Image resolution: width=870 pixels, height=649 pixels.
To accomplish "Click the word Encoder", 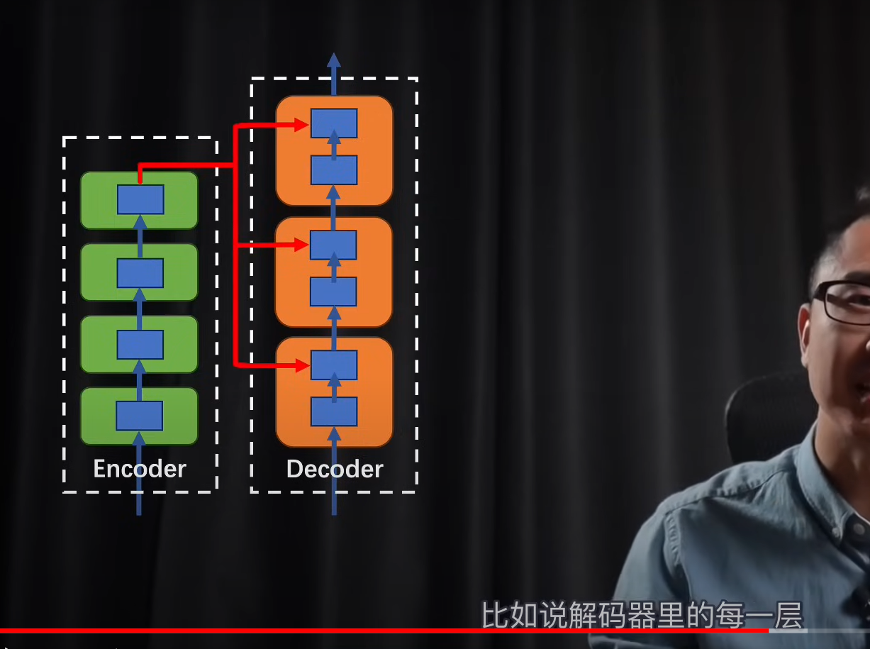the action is (x=140, y=469).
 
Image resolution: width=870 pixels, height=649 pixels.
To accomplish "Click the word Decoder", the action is (x=335, y=469).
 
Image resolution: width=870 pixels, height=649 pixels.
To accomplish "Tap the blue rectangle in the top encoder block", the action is (x=140, y=199).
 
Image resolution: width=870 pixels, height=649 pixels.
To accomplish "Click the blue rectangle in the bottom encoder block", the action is (x=139, y=416).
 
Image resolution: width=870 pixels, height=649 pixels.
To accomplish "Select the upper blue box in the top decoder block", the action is (x=334, y=123).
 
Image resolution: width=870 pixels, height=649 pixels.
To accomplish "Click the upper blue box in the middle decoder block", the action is (x=334, y=245).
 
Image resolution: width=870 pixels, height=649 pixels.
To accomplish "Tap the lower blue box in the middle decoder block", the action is (x=334, y=292).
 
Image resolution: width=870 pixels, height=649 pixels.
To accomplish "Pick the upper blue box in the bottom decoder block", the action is (x=334, y=365).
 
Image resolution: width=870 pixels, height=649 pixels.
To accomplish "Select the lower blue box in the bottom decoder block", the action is (x=334, y=411).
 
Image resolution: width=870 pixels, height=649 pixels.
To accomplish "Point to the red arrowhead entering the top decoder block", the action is (x=303, y=126).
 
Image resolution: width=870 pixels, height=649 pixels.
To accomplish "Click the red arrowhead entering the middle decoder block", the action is (x=303, y=245).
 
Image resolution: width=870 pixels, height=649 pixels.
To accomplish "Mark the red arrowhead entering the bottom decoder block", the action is (x=303, y=366).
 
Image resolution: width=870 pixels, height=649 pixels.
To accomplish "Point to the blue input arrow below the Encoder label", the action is (x=139, y=500).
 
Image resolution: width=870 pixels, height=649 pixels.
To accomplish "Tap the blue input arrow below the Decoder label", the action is (x=334, y=500).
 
